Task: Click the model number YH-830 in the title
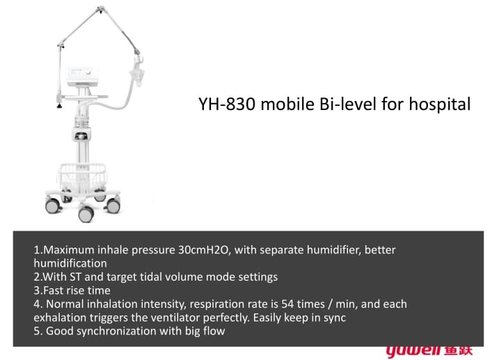tap(227, 104)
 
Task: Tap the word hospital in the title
tap(439, 104)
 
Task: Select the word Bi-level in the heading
tap(348, 104)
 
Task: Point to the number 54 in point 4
tap(287, 304)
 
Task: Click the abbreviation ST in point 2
tap(75, 277)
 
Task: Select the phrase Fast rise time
tap(77, 290)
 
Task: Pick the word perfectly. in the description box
tap(226, 318)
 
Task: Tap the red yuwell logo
tap(429, 351)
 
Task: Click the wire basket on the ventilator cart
tap(82, 177)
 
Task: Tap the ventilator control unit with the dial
tap(82, 76)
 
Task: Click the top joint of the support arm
tap(100, 9)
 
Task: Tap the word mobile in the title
tap(287, 104)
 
